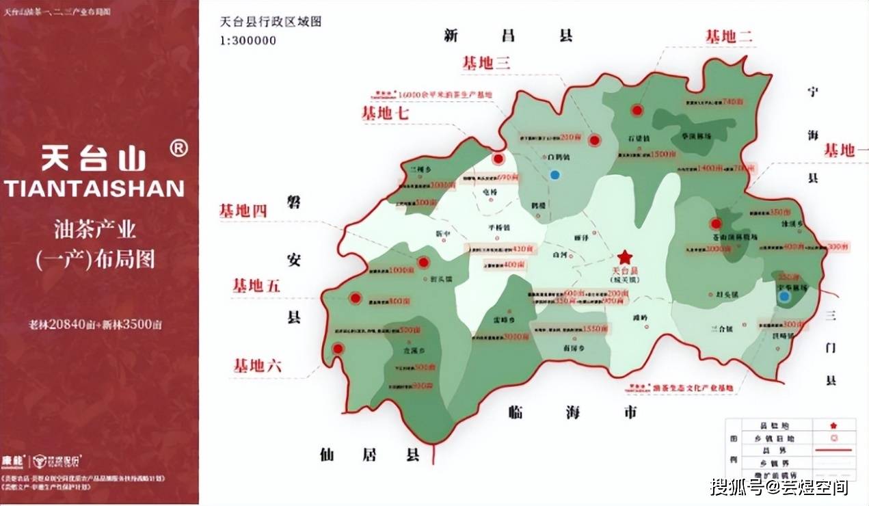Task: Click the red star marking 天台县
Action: pyautogui.click(x=624, y=257)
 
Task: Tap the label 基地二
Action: pyautogui.click(x=729, y=37)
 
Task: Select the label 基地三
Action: pyautogui.click(x=487, y=64)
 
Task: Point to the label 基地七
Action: pyautogui.click(x=385, y=114)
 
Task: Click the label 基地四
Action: pyautogui.click(x=242, y=211)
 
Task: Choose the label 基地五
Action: pyautogui.click(x=256, y=286)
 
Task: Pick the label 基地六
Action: pyautogui.click(x=257, y=366)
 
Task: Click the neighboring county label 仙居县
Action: pyautogui.click(x=369, y=454)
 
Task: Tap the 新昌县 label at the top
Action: pyautogui.click(x=507, y=36)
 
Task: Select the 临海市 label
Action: pyautogui.click(x=573, y=412)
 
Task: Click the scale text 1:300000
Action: pyautogui.click(x=248, y=40)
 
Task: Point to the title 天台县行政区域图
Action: pyautogui.click(x=271, y=21)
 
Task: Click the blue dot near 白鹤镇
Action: pyautogui.click(x=554, y=175)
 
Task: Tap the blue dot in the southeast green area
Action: pyautogui.click(x=785, y=297)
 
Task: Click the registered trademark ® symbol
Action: pyautogui.click(x=178, y=148)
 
